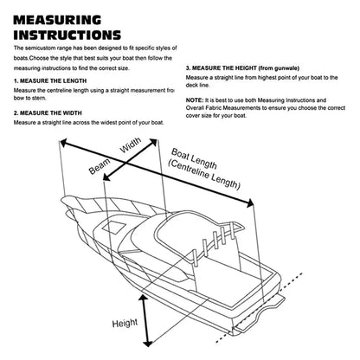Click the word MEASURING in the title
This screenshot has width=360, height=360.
pos(57,20)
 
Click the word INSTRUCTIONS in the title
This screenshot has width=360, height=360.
pos(67,35)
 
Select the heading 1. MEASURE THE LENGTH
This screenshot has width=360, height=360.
pos(50,80)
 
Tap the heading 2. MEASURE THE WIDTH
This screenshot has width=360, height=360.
pos(48,112)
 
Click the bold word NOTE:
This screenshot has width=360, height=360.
pos(195,100)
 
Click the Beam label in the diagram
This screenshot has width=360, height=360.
pos(100,166)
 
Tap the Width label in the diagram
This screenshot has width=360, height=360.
pos(131,145)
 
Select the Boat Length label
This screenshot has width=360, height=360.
pos(194,158)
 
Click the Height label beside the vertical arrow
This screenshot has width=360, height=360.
pos(125,323)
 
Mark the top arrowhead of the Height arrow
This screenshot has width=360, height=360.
pos(143,299)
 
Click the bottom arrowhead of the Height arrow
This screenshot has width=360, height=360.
pos(148,343)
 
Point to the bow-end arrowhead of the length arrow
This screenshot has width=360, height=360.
pos(64,142)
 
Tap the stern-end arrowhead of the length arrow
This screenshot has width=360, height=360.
pos(249,203)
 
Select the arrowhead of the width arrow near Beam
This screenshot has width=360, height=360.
pos(107,177)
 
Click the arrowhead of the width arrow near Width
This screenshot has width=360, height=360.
pos(153,143)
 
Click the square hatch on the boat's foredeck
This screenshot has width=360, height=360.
pos(113,227)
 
